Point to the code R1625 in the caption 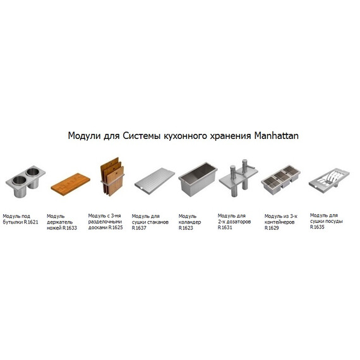point(115,228)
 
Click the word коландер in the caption point(191,223)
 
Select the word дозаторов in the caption point(237,222)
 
